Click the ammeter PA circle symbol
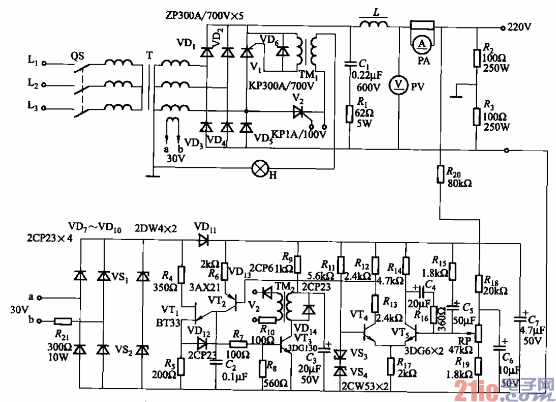coord(421,44)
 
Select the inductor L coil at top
coord(374,24)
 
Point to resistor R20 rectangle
coord(440,174)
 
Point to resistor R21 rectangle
coord(64,321)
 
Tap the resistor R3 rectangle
coord(477,117)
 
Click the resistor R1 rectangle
coord(349,113)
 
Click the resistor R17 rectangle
coord(390,365)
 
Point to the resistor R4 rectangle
coord(181,274)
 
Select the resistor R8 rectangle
coord(262,367)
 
